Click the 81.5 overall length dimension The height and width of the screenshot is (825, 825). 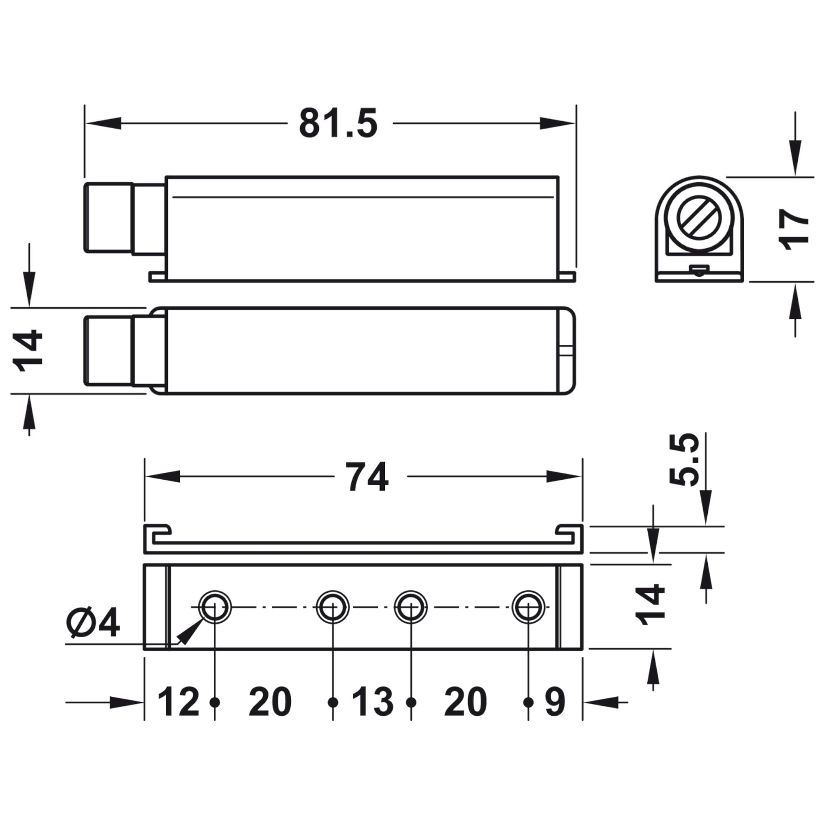click(338, 124)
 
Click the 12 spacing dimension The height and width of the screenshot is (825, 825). click(179, 702)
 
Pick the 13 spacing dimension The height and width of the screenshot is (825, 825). click(372, 702)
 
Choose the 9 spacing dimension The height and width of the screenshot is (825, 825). click(555, 702)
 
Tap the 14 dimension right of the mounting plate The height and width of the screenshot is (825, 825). click(650, 606)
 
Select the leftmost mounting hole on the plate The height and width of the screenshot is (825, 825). click(215, 607)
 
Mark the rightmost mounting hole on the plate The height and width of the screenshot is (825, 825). click(528, 607)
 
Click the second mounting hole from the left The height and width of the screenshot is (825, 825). click(332, 607)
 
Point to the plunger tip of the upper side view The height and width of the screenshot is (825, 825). click(108, 218)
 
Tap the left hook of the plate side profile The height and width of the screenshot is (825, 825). click(157, 532)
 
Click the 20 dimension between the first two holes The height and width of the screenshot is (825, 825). click(270, 702)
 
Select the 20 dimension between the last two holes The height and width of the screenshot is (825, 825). click(465, 702)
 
